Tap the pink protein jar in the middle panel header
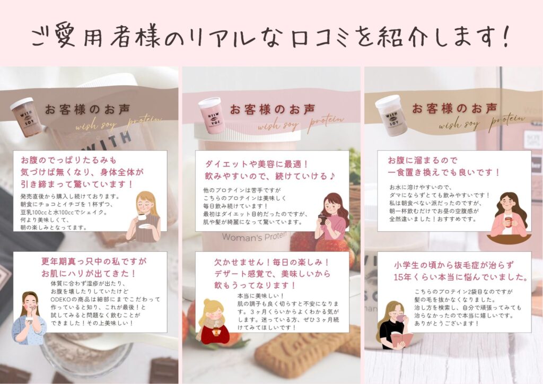point(211,115)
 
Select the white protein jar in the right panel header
point(392,115)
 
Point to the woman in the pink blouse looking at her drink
point(332,216)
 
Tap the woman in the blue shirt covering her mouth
point(29,318)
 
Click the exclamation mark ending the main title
point(506,36)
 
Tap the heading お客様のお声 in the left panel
point(87,109)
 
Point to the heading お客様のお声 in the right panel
point(454,108)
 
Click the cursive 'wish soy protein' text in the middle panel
point(301,122)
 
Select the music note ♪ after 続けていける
point(332,176)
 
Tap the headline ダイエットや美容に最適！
point(257,164)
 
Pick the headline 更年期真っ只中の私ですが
point(94,261)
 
